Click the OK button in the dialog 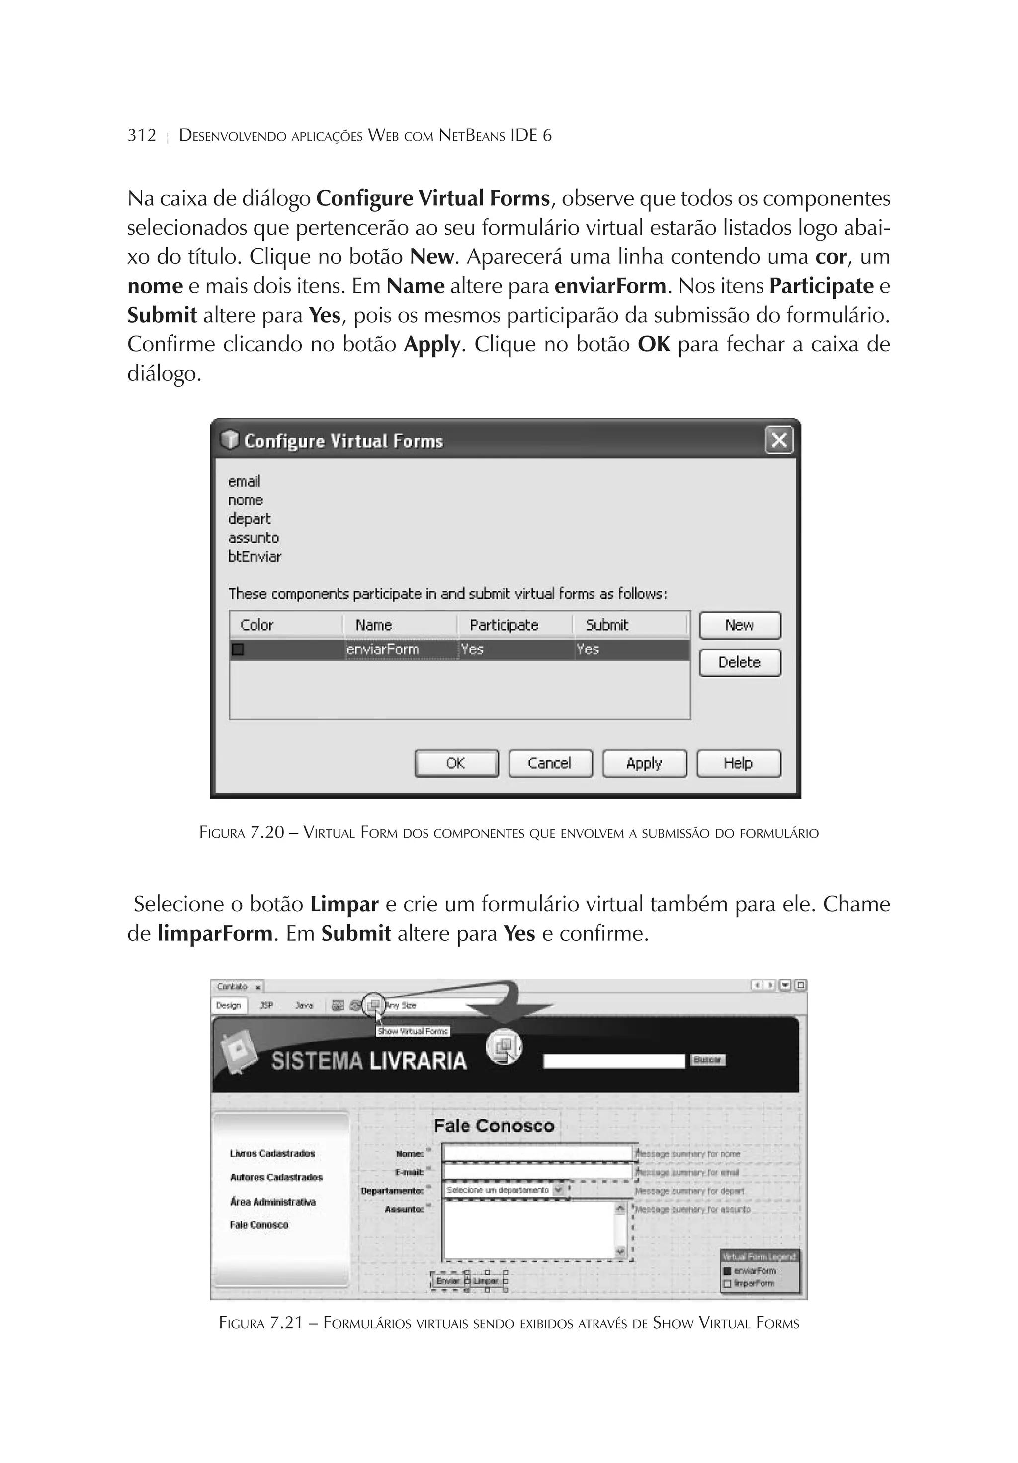[456, 763]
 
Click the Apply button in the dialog [644, 763]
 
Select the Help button [738, 763]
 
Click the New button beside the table [740, 625]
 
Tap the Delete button [740, 663]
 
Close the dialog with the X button [779, 440]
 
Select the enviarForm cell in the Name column [382, 650]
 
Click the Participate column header [504, 625]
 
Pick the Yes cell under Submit [588, 650]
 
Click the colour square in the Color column [238, 650]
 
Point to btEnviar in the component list [254, 556]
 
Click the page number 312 [142, 135]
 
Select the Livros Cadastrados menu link [272, 1154]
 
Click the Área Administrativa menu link [273, 1202]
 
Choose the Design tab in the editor [228, 1005]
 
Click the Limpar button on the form [486, 1281]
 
